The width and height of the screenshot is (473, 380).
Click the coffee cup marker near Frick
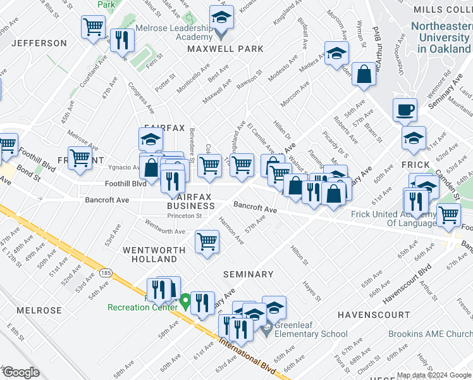point(405,110)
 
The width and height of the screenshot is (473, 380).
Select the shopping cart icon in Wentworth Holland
point(207,242)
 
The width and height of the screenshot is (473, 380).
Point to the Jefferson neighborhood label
point(39,43)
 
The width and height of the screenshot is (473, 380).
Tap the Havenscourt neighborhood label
point(374,315)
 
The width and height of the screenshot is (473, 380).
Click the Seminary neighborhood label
point(248,274)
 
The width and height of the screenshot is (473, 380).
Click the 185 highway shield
point(105,273)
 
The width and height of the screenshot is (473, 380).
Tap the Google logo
point(21,372)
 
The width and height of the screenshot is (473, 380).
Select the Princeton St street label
point(185,215)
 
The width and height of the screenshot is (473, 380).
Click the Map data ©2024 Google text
point(433,374)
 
